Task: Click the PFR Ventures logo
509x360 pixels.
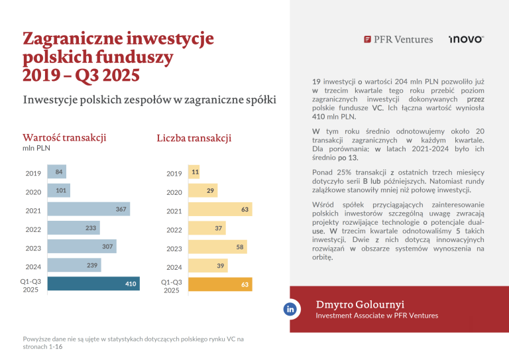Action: point(398,40)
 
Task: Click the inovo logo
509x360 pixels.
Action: point(466,40)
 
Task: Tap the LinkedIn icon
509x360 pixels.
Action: point(290,310)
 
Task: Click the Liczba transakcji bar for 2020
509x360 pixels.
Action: point(203,192)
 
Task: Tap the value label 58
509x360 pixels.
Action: point(240,247)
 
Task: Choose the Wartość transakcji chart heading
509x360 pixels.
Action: point(65,137)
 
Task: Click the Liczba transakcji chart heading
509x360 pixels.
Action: point(194,138)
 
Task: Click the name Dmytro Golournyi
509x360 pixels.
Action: point(361,304)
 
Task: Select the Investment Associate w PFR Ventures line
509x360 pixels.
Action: point(376,316)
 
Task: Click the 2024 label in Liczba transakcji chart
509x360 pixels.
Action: point(174,267)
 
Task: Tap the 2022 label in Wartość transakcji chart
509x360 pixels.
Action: point(32,229)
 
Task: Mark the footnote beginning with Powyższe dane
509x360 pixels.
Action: point(133,343)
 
